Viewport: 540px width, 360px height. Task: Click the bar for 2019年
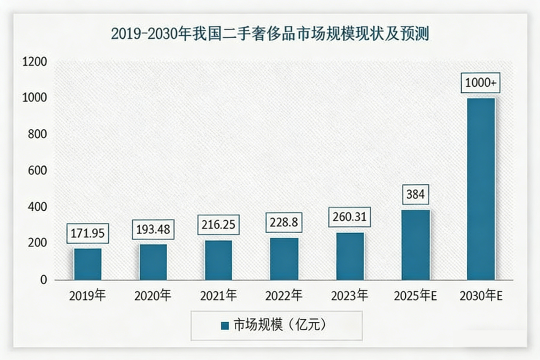coord(87,264)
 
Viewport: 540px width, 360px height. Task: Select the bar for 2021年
coord(218,260)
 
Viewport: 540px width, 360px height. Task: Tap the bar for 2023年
coord(350,256)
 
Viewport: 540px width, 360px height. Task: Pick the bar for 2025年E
coord(415,244)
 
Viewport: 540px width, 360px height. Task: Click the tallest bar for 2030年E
coord(481,189)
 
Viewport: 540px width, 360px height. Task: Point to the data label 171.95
coord(87,233)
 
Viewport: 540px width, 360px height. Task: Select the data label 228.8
coord(284,222)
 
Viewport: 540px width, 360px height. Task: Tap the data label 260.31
coord(350,217)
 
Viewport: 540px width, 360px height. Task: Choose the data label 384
coord(415,194)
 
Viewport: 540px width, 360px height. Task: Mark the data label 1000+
coord(481,83)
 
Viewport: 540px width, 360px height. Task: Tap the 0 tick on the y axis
coord(43,280)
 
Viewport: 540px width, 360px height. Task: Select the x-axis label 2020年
coord(152,296)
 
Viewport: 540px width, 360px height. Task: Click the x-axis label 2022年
coord(284,296)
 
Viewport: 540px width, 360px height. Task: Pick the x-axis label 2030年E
coord(481,296)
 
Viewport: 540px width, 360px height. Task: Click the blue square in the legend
coord(224,325)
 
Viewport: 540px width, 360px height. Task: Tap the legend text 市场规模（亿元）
coord(279,325)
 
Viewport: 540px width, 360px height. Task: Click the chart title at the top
coord(270,34)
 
